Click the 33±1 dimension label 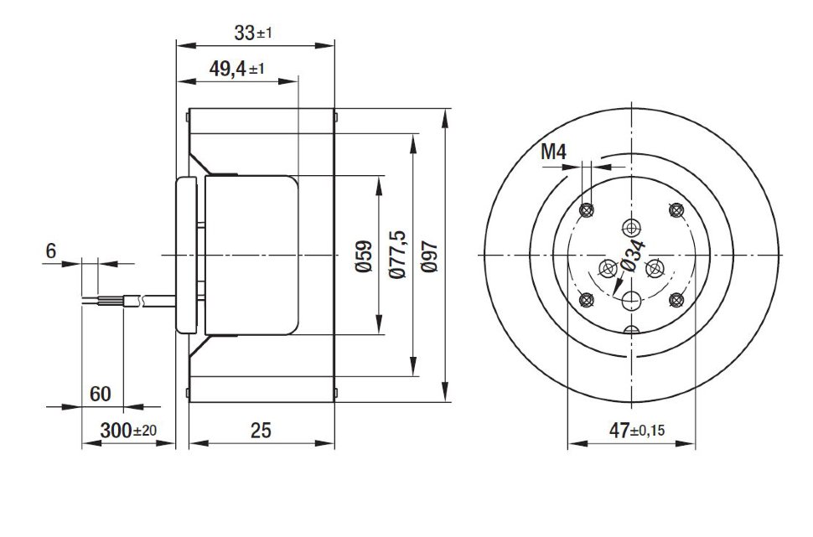(253, 34)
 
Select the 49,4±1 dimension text (236, 69)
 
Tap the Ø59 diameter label (364, 256)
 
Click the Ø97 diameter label (430, 256)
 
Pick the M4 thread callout (554, 152)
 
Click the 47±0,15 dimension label (637, 430)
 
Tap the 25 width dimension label (261, 431)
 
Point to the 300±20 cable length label (128, 431)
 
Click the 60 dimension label (100, 394)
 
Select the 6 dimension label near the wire (51, 251)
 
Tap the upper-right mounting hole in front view (676, 210)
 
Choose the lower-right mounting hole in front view (676, 300)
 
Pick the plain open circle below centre (631, 300)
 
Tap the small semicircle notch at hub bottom (631, 330)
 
